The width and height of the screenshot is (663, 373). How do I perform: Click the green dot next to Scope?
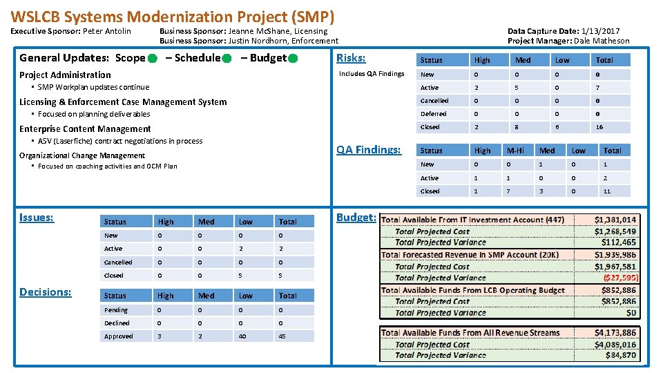[x=151, y=59]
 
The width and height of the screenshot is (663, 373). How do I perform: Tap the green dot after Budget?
[x=293, y=59]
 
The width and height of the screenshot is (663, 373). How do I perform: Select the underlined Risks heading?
[x=351, y=58]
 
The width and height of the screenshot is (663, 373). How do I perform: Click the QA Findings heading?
[x=368, y=149]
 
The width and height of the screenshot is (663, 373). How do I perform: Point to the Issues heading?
[x=37, y=217]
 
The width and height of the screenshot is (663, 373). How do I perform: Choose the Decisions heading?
[x=46, y=291]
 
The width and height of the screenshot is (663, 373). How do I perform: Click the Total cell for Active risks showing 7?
[x=598, y=88]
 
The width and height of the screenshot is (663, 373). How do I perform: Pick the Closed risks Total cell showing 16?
[x=599, y=127]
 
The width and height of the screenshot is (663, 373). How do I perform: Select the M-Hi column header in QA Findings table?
[x=515, y=151]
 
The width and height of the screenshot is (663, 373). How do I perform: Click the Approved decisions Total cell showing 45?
[x=282, y=336]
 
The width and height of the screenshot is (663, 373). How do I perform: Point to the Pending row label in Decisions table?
[x=116, y=310]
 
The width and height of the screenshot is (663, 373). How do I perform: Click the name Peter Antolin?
[x=107, y=31]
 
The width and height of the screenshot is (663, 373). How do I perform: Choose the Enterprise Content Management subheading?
[x=85, y=128]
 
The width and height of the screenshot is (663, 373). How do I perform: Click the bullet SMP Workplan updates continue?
[x=93, y=87]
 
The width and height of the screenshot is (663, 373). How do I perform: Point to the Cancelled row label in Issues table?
[x=118, y=262]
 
